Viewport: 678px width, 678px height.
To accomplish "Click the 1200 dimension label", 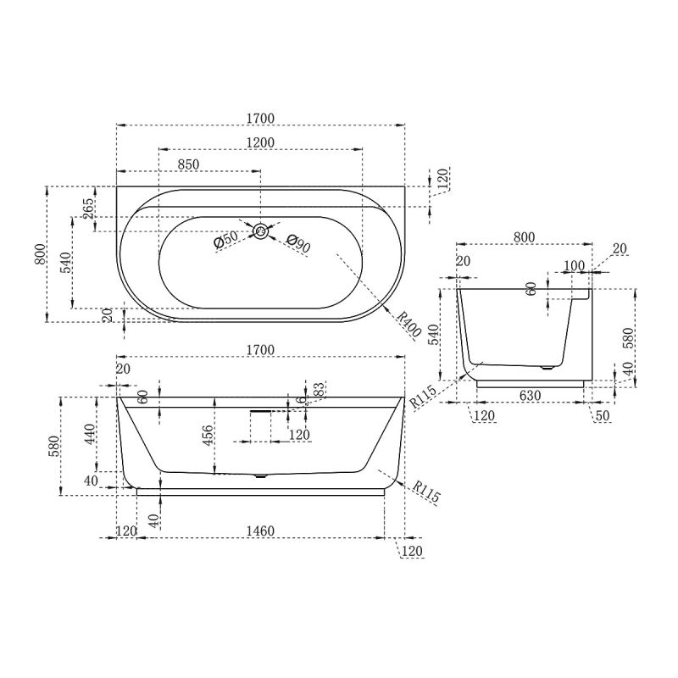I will (x=260, y=142).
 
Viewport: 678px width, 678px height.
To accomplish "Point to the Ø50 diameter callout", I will (x=225, y=240).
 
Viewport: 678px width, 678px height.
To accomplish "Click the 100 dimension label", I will (x=574, y=266).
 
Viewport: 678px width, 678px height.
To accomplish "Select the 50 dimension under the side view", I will (x=602, y=415).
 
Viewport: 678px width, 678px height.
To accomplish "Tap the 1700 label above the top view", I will (x=260, y=118).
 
